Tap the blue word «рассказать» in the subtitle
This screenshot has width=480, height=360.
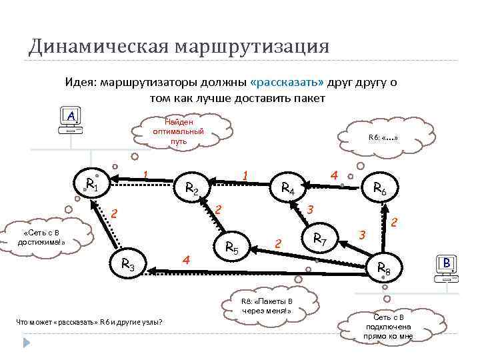coord(287,82)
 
